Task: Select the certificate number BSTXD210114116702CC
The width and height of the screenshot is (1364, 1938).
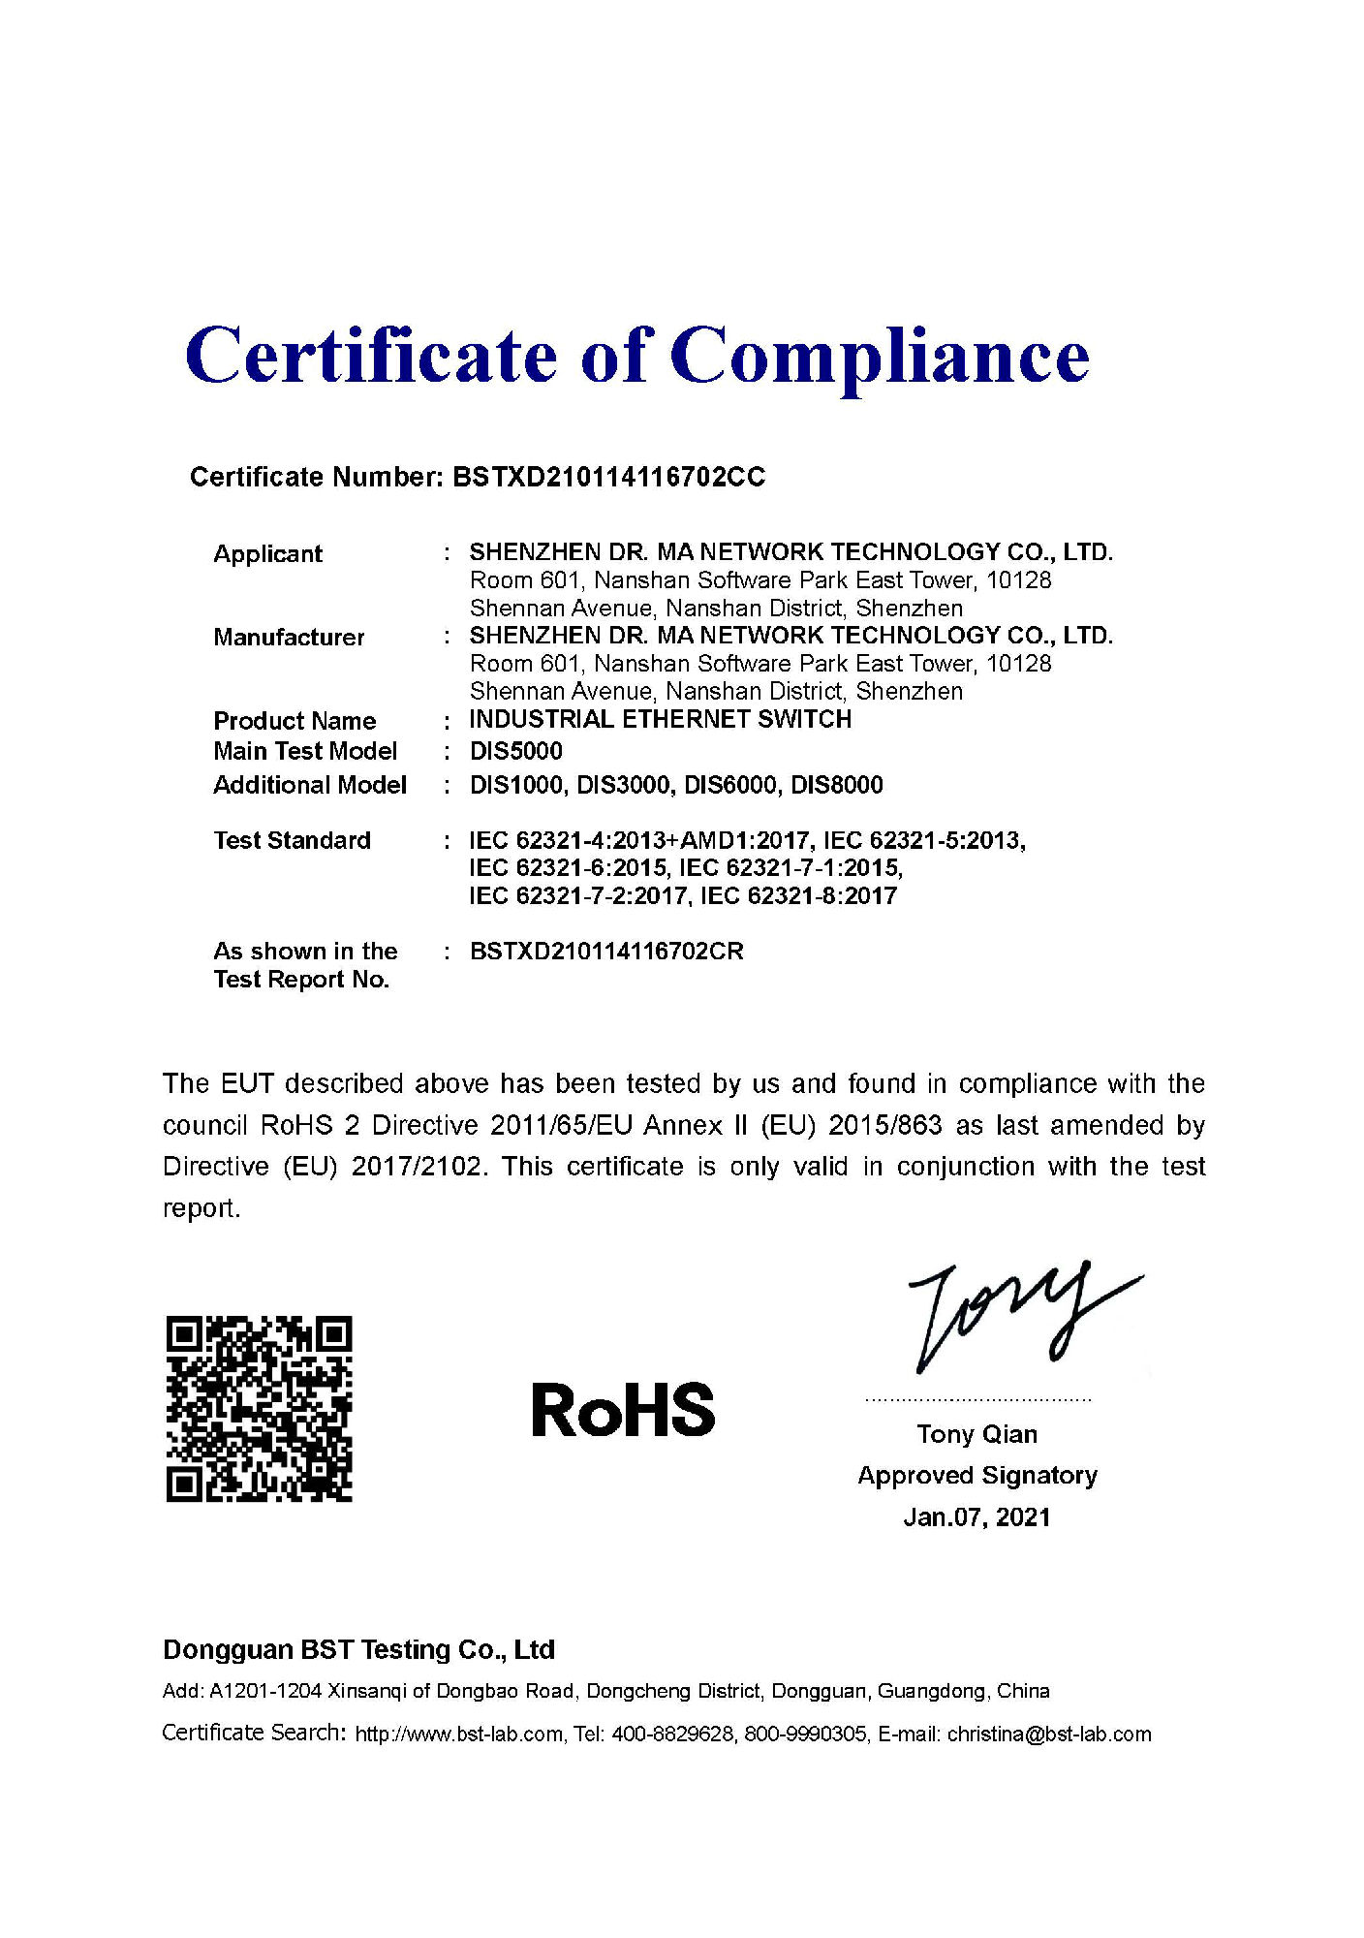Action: pyautogui.click(x=608, y=477)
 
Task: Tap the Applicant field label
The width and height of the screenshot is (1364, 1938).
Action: pyautogui.click(x=267, y=554)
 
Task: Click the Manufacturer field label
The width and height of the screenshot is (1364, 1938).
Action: pyautogui.click(x=289, y=638)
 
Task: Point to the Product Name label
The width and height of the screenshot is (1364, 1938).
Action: pyautogui.click(x=294, y=721)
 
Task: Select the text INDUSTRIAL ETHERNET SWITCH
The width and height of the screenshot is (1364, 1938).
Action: pyautogui.click(x=660, y=719)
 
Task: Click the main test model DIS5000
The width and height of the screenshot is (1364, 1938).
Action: pyautogui.click(x=515, y=751)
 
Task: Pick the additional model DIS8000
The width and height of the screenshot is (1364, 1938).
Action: pyautogui.click(x=836, y=785)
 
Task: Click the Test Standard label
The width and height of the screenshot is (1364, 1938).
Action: pyautogui.click(x=292, y=840)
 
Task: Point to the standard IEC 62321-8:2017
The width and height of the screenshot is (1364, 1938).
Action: pyautogui.click(x=798, y=895)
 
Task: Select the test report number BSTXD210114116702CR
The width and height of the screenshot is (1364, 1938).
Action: pyautogui.click(x=606, y=952)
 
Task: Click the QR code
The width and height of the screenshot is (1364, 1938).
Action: pyautogui.click(x=259, y=1409)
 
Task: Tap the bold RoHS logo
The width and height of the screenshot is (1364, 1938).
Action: pyautogui.click(x=623, y=1410)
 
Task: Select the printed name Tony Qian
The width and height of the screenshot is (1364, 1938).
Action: pyautogui.click(x=976, y=1434)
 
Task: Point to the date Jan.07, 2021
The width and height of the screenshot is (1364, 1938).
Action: pyautogui.click(x=976, y=1517)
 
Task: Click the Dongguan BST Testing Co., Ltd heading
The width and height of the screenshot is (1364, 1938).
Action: pyautogui.click(x=358, y=1650)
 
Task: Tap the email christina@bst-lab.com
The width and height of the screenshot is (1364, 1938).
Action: pyautogui.click(x=1049, y=1735)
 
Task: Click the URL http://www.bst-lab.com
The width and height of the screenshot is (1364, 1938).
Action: pyautogui.click(x=458, y=1735)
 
